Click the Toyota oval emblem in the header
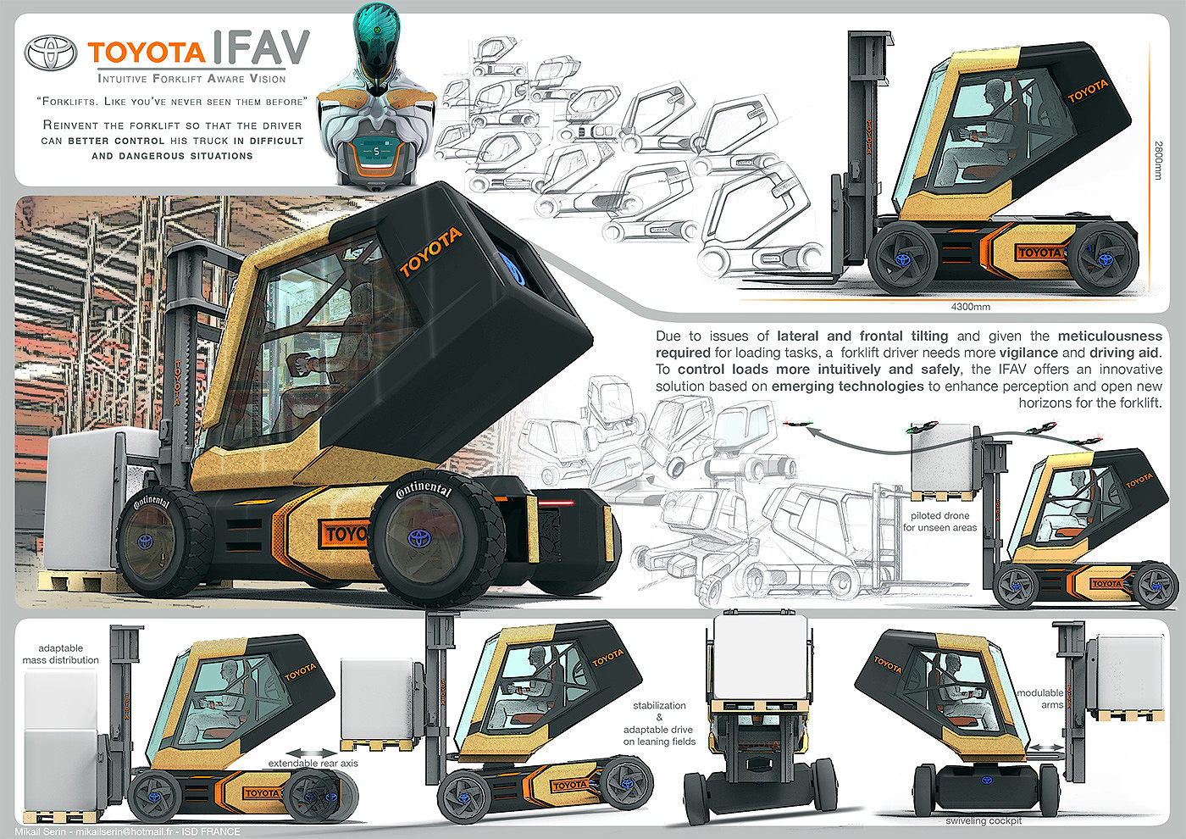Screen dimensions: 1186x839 pos(51,53)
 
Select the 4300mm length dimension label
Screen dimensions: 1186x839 pos(970,307)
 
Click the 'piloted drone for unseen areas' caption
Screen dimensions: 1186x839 pos(939,521)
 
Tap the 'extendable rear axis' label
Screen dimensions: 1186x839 pos(313,764)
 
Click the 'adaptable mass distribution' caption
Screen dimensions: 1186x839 pos(61,654)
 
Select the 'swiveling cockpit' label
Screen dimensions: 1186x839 pos(984,820)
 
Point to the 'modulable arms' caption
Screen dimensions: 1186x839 pos(1040,698)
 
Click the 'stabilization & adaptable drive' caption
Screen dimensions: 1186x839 pos(659,723)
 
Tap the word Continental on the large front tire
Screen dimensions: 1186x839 pos(424,491)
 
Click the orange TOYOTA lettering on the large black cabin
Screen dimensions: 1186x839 pos(431,252)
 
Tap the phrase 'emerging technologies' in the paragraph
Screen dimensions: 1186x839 pos(847,386)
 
